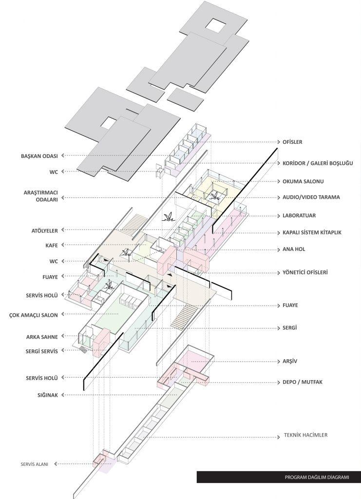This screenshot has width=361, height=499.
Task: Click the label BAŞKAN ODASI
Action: [39, 156]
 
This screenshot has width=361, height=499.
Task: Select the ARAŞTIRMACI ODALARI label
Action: [41, 196]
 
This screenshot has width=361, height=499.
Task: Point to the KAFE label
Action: [52, 246]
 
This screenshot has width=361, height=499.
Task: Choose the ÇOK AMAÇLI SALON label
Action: [34, 315]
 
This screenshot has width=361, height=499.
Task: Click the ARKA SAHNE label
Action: [42, 337]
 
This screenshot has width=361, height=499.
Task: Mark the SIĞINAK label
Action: [48, 395]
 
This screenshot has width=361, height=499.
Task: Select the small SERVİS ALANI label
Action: [35, 464]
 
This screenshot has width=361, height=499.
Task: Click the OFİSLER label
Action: [293, 142]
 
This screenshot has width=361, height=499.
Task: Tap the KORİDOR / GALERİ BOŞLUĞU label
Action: [318, 163]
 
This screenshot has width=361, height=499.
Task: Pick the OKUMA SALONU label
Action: [303, 181]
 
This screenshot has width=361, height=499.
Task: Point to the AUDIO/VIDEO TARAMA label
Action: [311, 197]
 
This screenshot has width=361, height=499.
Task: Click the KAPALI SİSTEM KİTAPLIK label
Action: [312, 232]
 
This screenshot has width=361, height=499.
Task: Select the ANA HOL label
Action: [294, 249]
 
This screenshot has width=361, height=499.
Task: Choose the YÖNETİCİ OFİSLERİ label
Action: [305, 272]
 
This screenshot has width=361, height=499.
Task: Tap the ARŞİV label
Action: [290, 362]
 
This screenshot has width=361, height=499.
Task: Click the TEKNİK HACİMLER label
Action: [305, 435]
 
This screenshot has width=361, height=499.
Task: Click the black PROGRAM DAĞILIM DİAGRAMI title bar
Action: [279, 477]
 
